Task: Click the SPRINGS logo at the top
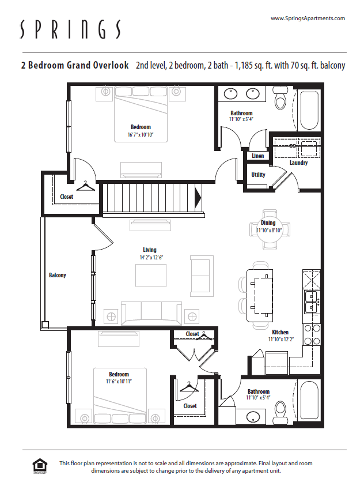70,29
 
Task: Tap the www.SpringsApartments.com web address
308,18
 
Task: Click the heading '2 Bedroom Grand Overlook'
75,65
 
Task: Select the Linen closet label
257,156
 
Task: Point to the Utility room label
258,175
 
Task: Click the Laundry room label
298,163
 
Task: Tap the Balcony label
57,275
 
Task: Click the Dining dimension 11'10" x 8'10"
268,230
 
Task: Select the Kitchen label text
280,332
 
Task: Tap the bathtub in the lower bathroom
308,399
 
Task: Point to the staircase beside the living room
151,197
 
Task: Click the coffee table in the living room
151,274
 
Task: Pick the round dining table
268,227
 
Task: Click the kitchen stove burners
312,334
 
